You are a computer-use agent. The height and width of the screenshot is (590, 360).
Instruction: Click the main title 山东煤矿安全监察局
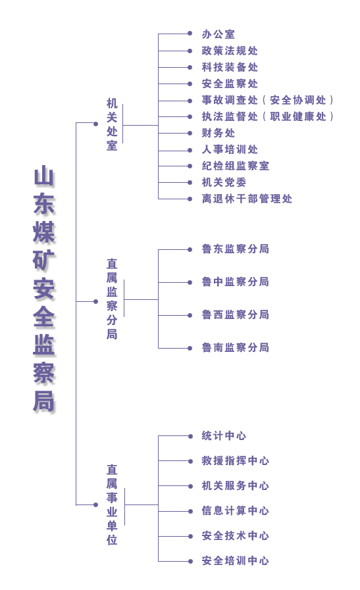click(x=44, y=289)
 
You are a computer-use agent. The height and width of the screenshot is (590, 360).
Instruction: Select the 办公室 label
click(x=219, y=34)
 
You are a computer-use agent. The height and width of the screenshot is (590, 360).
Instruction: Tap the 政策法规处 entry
click(x=230, y=51)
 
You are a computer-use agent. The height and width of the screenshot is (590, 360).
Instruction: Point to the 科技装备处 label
click(x=230, y=67)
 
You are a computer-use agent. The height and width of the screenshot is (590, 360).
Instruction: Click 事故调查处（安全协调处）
click(x=268, y=100)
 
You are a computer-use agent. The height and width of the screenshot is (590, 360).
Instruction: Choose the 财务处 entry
click(x=219, y=134)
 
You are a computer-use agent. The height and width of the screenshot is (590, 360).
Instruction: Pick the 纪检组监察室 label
click(x=236, y=166)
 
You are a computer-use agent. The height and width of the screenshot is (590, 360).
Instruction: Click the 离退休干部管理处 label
click(x=247, y=199)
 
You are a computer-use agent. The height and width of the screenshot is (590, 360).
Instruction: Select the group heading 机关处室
click(x=112, y=124)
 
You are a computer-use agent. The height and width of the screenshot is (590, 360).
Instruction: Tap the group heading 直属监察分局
click(x=112, y=299)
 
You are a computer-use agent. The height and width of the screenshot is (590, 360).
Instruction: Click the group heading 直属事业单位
click(x=112, y=504)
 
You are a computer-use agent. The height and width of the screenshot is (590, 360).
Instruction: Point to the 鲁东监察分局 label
click(x=236, y=249)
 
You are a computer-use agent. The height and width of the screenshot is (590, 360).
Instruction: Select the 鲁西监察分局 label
click(x=236, y=314)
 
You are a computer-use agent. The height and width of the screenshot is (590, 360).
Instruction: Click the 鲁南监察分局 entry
click(x=236, y=347)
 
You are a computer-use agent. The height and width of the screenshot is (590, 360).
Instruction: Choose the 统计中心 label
click(x=224, y=435)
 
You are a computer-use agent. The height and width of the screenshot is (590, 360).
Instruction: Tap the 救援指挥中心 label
click(x=236, y=460)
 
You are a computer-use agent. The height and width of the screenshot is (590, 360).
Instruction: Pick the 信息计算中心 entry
click(x=236, y=510)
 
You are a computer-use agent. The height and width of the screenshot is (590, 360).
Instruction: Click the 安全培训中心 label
click(x=236, y=560)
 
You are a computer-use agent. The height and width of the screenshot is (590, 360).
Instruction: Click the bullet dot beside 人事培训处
click(x=190, y=151)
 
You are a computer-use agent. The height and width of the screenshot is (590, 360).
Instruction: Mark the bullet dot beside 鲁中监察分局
click(x=190, y=282)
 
